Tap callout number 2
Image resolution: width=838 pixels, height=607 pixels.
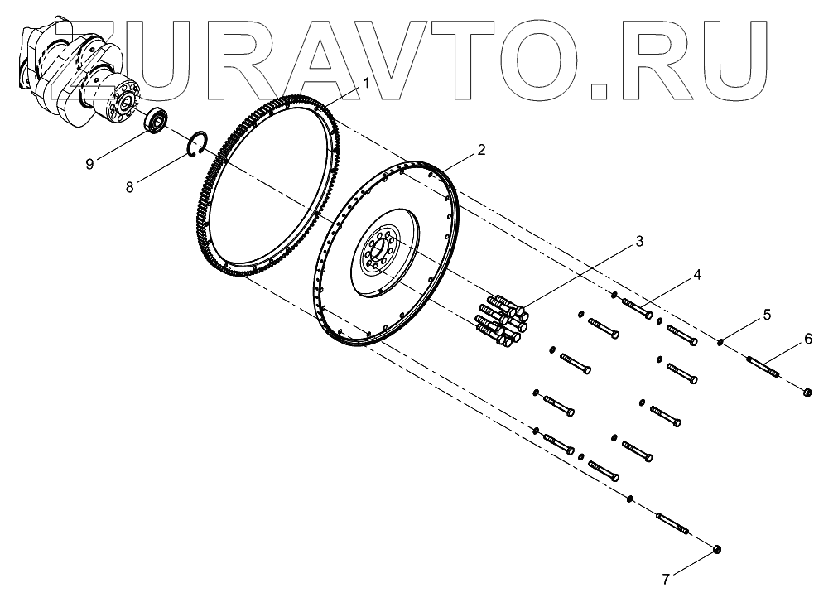click(481, 150)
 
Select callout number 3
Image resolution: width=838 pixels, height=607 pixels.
click(639, 242)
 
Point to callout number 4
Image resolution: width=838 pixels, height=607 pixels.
click(697, 274)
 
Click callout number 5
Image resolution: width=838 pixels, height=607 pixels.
click(767, 315)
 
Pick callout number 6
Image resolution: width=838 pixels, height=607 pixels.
click(808, 339)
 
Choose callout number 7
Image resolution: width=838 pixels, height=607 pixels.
click(665, 580)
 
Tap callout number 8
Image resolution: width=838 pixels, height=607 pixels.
click(129, 188)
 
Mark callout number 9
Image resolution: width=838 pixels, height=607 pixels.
click(89, 164)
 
